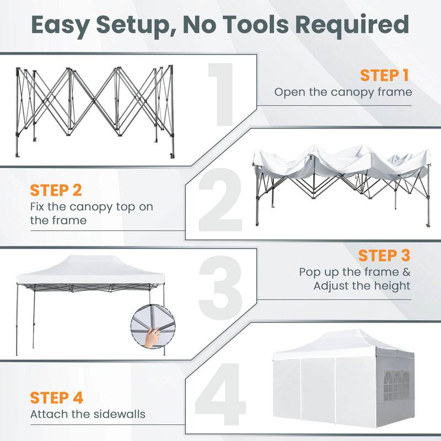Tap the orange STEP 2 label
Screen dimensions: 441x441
[56, 190]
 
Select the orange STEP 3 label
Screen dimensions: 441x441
[384, 256]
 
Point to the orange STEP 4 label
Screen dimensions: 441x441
[57, 397]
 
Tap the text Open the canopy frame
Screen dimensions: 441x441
[343, 92]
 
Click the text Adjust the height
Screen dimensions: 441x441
[362, 286]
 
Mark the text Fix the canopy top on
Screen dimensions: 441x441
[92, 207]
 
